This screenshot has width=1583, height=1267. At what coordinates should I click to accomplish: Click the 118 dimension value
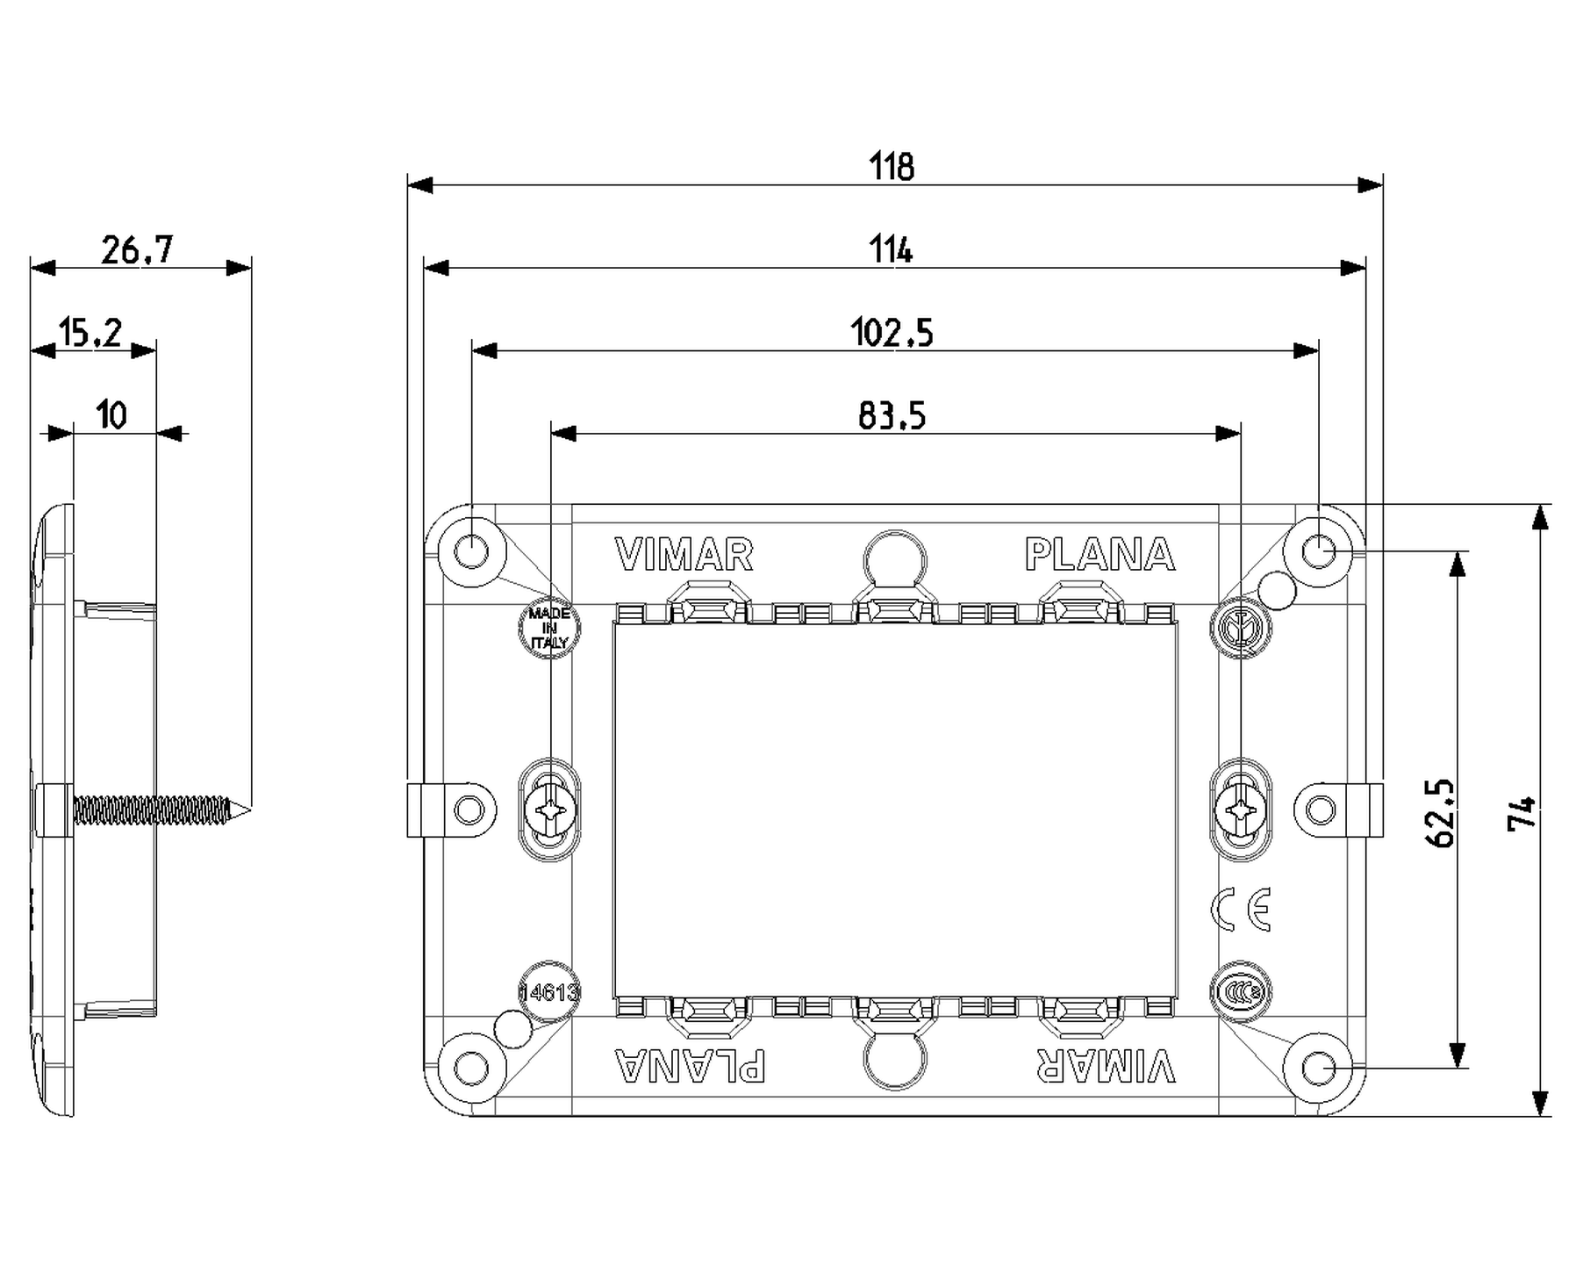coord(892,166)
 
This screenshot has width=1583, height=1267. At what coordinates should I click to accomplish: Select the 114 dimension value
coord(892,250)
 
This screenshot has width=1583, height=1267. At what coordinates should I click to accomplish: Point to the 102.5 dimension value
coord(892,333)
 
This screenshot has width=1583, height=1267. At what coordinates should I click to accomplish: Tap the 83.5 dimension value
coord(892,415)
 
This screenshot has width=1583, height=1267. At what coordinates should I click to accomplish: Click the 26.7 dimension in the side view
coord(137,250)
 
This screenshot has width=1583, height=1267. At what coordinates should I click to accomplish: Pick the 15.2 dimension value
coord(90,333)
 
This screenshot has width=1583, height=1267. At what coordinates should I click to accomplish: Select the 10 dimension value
coord(111,414)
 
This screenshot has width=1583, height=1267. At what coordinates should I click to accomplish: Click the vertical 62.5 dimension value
coord(1440,812)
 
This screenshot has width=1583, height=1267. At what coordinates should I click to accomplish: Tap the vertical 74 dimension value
coord(1522,812)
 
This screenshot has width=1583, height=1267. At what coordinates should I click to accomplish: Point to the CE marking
coord(1240,910)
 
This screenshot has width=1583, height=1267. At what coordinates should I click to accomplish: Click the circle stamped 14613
coord(549,992)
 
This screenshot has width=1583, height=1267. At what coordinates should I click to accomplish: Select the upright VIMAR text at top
coord(684,555)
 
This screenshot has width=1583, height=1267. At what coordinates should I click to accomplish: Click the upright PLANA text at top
coord(1100,555)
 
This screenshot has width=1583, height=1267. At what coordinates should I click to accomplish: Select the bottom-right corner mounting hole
coord(1317,1069)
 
